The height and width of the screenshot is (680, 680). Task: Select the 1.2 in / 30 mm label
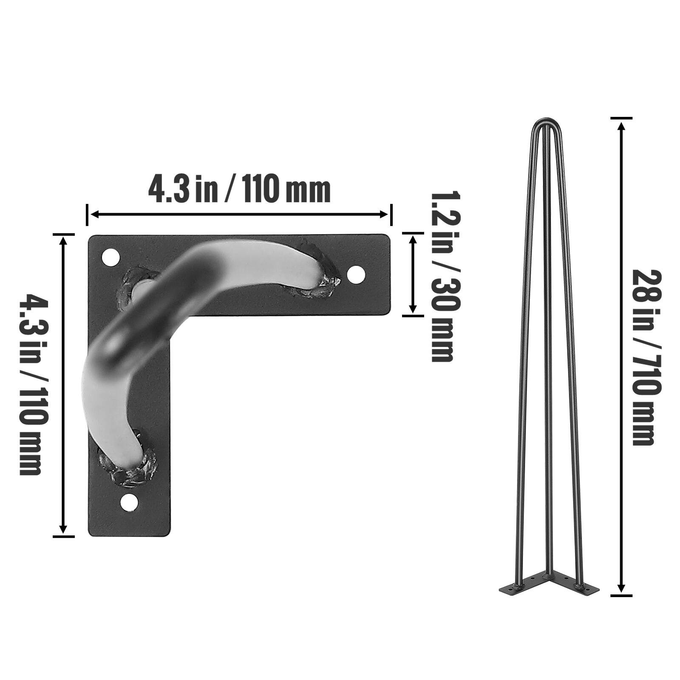pos(443,276)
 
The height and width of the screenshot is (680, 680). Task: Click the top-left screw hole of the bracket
pos(110,257)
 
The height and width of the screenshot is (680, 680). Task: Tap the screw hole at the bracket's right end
pos(356,275)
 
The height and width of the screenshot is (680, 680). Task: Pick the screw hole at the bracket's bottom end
pos(129,502)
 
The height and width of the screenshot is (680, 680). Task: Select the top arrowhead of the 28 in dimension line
pos(621,127)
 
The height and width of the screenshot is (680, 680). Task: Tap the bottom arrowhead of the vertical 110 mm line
pos(63,529)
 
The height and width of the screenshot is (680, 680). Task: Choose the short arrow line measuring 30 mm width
pos(412,274)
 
